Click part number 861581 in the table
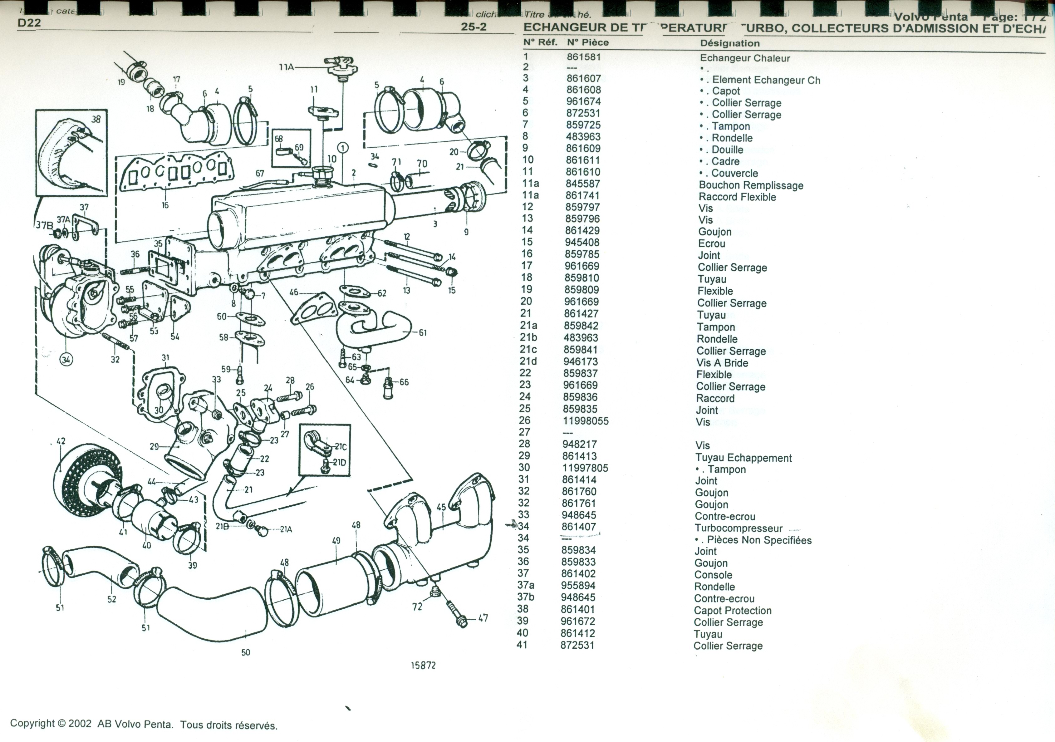pyautogui.click(x=584, y=57)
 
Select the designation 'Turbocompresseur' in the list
pyautogui.click(x=738, y=528)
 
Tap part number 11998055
pyautogui.click(x=585, y=421)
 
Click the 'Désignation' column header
pyautogui.click(x=730, y=43)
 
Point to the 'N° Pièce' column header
pyautogui.click(x=588, y=42)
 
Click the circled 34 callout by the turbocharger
pyautogui.click(x=66, y=360)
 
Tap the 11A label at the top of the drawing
pyautogui.click(x=286, y=67)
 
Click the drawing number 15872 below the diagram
pyautogui.click(x=423, y=665)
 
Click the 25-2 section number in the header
pyautogui.click(x=474, y=27)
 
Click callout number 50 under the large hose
pyautogui.click(x=246, y=652)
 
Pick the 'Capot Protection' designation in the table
pyautogui.click(x=733, y=611)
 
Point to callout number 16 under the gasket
pyautogui.click(x=165, y=205)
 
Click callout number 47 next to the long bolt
pyautogui.click(x=483, y=618)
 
